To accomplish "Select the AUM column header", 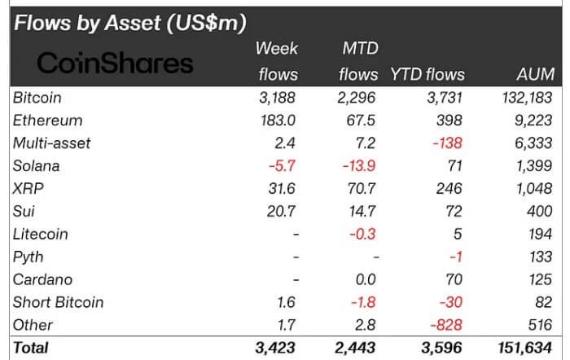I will coord(536,74).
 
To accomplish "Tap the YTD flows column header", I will coord(428,74).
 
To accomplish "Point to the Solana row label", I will coord(37,166).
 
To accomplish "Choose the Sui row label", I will coord(24,211).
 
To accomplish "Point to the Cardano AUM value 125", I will coord(541,279).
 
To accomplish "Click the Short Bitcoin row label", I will coord(59,302).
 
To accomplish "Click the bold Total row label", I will coord(31,348).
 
